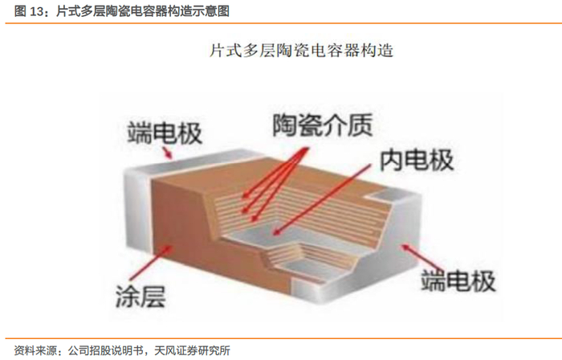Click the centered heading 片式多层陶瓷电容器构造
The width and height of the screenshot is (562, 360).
tap(301, 51)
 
